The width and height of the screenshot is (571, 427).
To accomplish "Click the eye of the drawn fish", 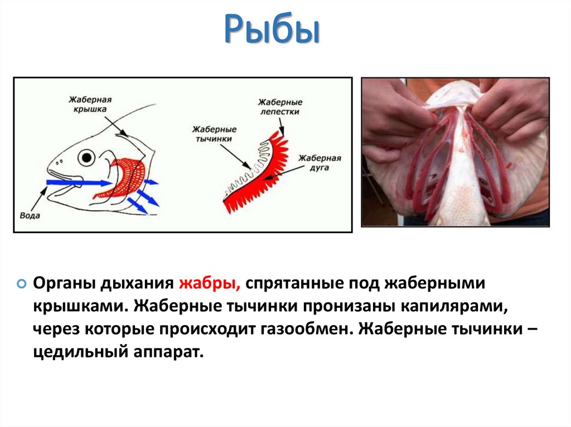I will point(86,158).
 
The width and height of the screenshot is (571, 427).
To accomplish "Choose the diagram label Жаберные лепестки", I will point(279,107).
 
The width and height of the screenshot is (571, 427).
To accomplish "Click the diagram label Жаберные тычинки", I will point(212,134).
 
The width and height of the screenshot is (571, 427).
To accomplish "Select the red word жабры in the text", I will point(209,282).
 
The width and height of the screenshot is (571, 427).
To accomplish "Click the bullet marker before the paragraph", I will point(22,283).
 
